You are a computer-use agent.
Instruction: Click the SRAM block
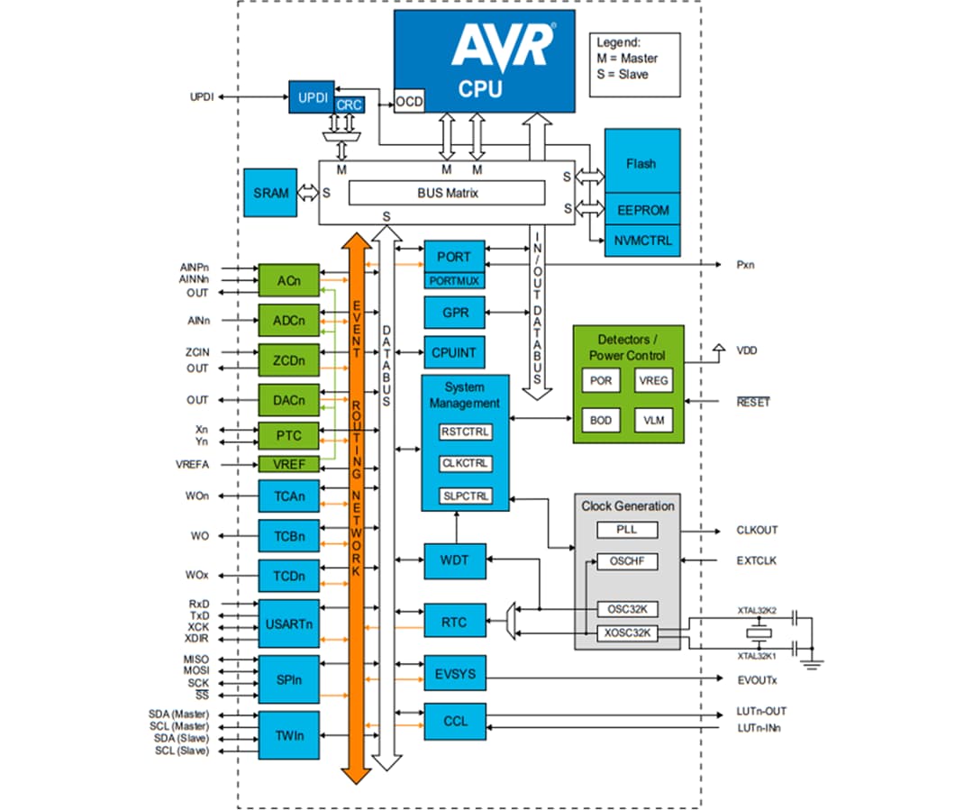270,193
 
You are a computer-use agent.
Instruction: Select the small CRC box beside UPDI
349,105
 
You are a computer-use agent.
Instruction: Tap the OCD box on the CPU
409,102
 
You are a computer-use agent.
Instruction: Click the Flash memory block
641,164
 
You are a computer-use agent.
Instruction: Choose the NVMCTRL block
641,241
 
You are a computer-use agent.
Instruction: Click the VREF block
288,465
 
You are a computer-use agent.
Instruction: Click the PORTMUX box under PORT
454,281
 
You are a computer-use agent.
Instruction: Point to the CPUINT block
454,353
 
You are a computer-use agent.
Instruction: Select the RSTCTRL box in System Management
465,432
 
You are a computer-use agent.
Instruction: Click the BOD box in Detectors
600,420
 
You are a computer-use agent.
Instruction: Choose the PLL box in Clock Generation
626,530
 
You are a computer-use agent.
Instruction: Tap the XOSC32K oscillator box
627,633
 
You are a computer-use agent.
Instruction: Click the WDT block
454,560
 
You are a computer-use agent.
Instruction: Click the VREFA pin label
192,465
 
